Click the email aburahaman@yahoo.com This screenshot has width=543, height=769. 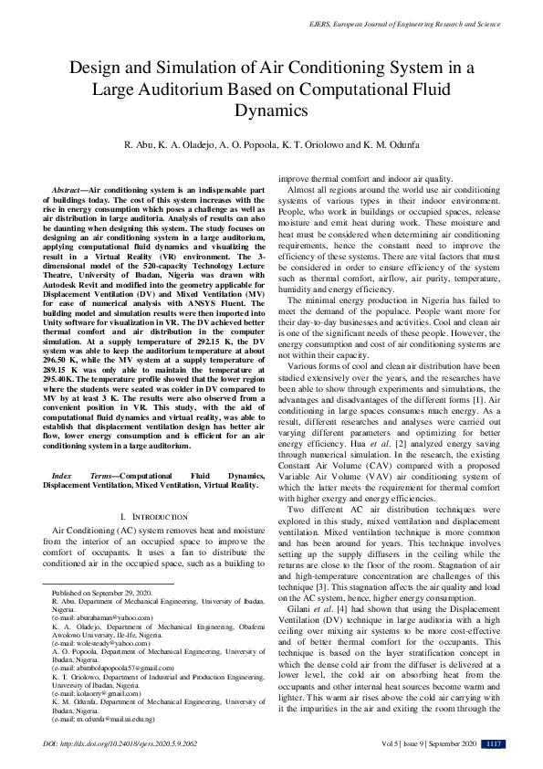101,617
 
